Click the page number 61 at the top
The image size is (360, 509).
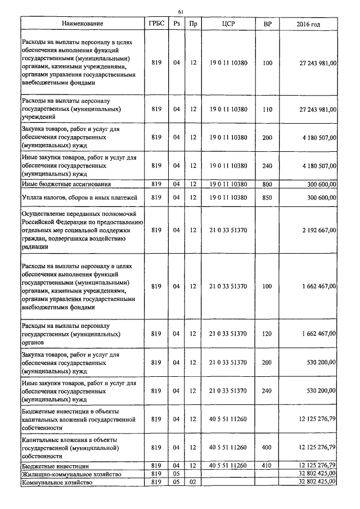(181, 11)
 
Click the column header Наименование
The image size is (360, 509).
(83, 24)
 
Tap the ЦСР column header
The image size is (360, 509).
(228, 24)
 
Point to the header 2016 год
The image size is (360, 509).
(308, 24)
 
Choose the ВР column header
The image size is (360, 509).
(267, 24)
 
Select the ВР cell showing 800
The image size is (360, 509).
(267, 184)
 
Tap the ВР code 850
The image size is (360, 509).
(267, 197)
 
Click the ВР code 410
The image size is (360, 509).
(267, 466)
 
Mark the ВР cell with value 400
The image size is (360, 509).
(267, 447)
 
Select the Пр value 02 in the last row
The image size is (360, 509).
(193, 483)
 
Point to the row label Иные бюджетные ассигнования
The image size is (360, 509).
(66, 184)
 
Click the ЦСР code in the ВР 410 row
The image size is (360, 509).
(228, 466)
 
